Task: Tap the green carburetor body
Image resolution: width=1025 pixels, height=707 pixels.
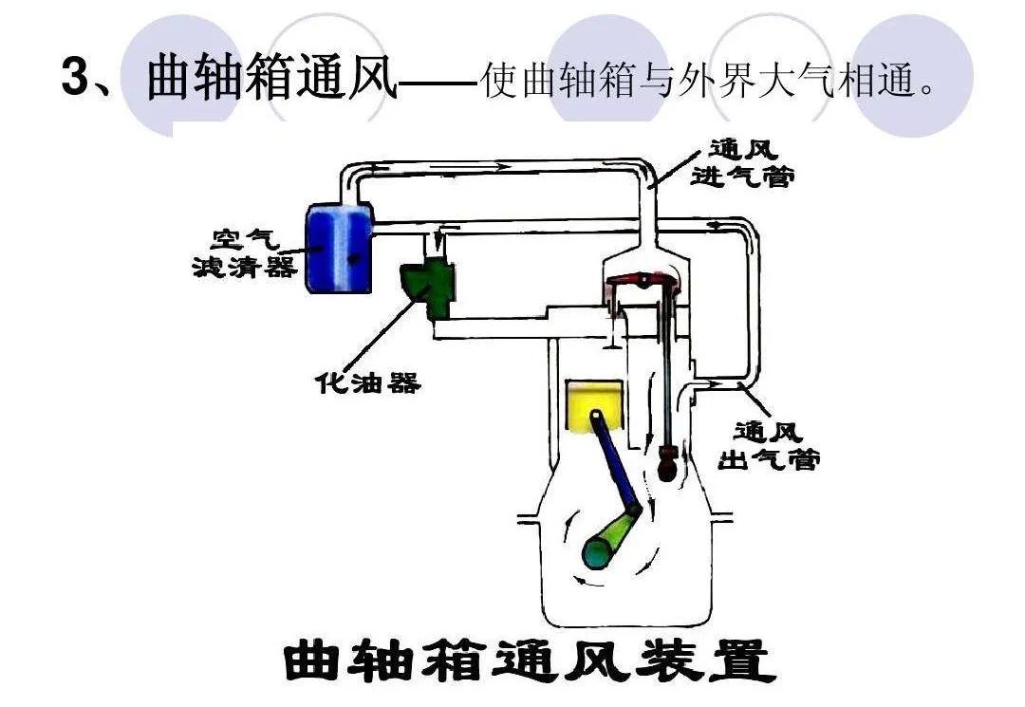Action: (427, 282)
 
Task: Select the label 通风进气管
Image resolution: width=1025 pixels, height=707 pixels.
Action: (744, 163)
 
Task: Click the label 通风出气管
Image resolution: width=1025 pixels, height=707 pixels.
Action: (774, 446)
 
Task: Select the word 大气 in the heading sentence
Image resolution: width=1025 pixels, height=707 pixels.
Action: (784, 82)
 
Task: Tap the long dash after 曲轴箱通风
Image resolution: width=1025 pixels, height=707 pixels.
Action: (438, 84)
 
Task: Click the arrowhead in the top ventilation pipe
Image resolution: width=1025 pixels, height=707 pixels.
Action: (498, 167)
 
